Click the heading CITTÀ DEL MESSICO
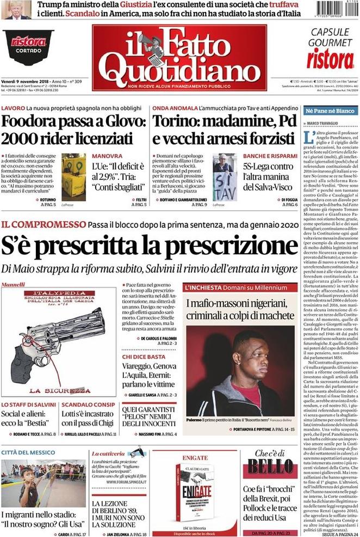(x=29, y=452)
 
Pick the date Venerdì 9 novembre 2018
(x=26, y=82)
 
